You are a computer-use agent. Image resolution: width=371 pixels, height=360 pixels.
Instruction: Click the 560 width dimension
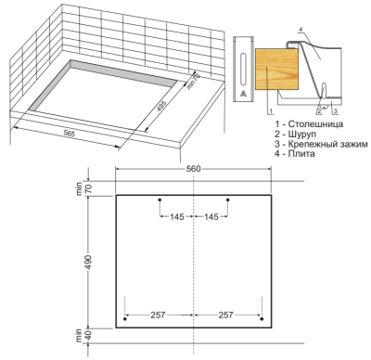coord(193,169)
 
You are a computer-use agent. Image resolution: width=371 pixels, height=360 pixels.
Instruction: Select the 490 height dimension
coord(88,262)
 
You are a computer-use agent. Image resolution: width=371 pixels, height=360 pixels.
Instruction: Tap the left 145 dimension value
coord(177,217)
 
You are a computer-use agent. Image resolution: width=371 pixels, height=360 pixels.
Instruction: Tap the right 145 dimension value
coord(211,217)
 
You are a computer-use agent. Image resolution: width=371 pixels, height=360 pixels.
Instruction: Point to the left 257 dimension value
coord(158,315)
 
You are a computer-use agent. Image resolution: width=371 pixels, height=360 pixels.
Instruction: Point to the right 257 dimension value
coord(225,315)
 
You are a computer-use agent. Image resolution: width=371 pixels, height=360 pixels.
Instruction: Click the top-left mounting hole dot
coord(160,200)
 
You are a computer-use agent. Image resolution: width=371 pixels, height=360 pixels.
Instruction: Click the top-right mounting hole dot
coord(228,200)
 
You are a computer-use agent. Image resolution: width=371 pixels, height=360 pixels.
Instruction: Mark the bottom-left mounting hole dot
coord(125,319)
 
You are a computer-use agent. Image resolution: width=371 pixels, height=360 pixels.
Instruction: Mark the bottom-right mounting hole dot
coord(262,319)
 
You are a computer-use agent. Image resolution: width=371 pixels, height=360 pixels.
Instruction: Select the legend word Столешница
coord(315,124)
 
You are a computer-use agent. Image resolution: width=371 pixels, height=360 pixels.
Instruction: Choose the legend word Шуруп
coord(302,135)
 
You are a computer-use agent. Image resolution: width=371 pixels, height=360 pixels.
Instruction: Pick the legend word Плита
coord(301,153)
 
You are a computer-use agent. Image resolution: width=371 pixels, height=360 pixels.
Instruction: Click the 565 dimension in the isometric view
coord(69,134)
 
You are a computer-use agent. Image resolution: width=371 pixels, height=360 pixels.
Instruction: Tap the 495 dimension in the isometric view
coord(161,107)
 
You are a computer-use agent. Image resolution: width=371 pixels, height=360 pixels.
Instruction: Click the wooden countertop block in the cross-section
coord(276,69)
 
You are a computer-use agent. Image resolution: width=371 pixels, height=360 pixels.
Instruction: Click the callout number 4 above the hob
coord(301,29)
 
